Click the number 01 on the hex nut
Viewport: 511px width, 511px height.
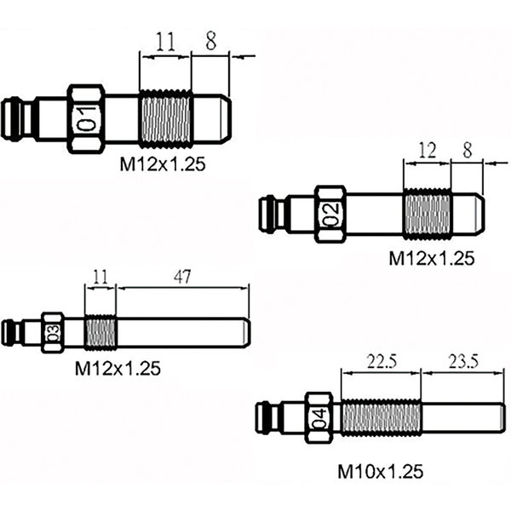86,119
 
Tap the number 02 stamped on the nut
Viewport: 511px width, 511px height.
330,214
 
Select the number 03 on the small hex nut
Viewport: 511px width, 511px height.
53,332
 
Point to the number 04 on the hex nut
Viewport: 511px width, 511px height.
319,418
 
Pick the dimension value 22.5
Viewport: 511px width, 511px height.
381,361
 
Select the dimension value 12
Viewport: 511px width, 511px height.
427,151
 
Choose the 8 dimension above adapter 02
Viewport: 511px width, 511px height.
467,151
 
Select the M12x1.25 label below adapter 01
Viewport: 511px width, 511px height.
163,167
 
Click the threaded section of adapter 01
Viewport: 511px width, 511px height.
165,118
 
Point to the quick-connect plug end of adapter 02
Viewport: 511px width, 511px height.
271,214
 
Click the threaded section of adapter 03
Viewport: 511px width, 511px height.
100,331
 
